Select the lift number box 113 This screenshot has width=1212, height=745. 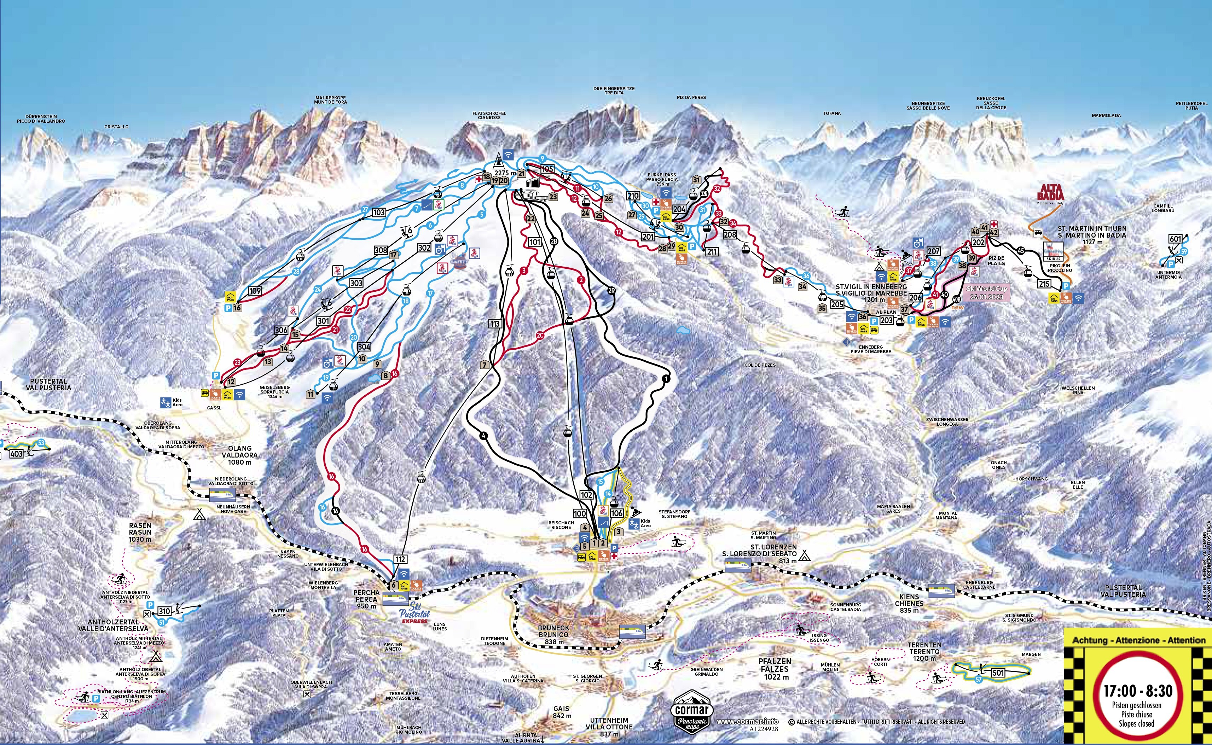(x=495, y=324)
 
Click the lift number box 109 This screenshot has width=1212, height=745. (x=255, y=291)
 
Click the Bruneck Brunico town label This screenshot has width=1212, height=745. (x=554, y=631)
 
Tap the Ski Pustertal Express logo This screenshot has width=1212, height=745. (x=414, y=612)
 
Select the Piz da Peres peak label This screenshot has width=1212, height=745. (x=691, y=98)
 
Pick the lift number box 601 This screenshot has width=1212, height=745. (x=1176, y=239)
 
